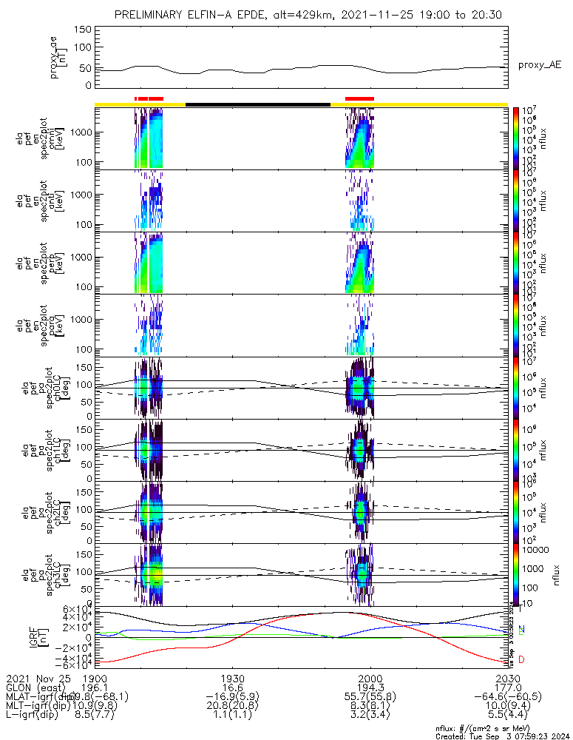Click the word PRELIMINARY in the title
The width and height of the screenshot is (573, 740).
coord(152,15)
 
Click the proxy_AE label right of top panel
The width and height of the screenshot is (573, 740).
coord(539,65)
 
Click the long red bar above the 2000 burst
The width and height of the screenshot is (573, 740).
coord(359,98)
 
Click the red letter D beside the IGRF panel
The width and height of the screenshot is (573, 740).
coord(521,659)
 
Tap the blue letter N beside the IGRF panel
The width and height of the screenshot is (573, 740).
coord(521,630)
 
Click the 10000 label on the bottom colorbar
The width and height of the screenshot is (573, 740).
coord(536,550)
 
